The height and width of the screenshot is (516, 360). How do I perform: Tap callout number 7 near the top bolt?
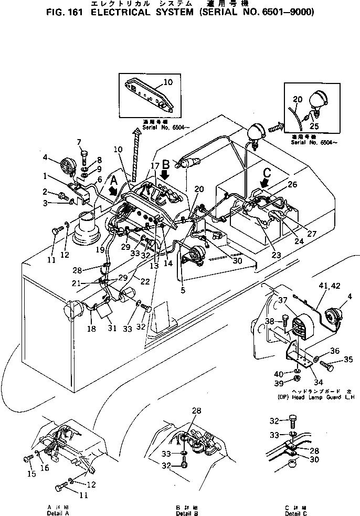click(79, 142)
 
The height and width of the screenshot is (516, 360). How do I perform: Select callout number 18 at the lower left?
click(91, 329)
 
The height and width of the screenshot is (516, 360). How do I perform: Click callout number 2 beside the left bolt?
click(46, 192)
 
